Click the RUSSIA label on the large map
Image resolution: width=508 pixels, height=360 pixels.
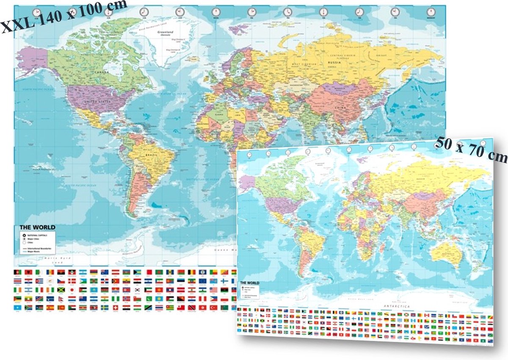click(334, 63)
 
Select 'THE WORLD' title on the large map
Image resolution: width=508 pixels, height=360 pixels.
click(37, 228)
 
